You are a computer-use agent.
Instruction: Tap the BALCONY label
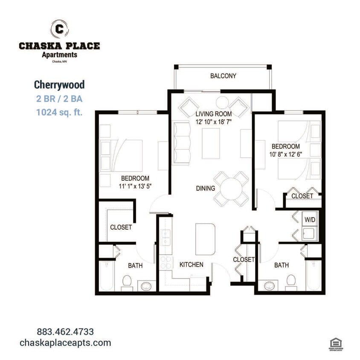(x=223, y=76)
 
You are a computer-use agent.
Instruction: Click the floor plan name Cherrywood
(x=59, y=84)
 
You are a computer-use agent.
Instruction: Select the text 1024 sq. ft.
(x=59, y=113)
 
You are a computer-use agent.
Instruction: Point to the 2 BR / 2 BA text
(x=59, y=99)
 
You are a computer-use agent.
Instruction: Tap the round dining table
(x=231, y=188)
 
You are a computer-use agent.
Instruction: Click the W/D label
(x=309, y=219)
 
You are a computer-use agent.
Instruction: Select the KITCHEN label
(x=191, y=265)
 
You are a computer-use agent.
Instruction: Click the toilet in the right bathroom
(x=291, y=281)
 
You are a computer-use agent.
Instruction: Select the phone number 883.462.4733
(x=65, y=331)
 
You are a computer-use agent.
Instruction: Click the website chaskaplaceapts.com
(x=65, y=343)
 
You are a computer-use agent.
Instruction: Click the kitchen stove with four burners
(x=165, y=262)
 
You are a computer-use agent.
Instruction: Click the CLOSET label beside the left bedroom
(x=121, y=227)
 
